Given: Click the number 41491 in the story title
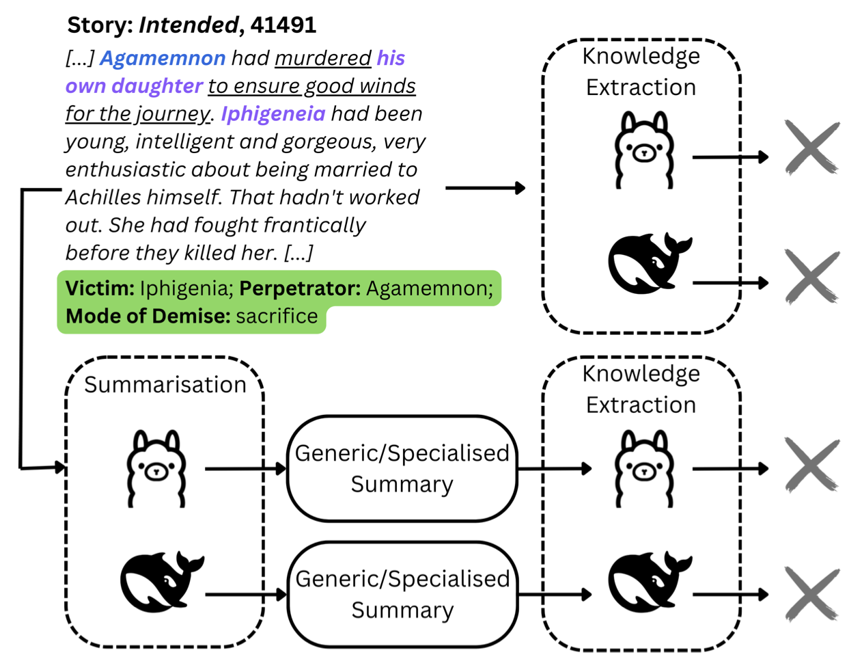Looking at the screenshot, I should click(283, 25).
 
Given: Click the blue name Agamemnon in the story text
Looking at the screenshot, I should click(163, 58).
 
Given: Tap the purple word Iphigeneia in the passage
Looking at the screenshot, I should click(273, 113).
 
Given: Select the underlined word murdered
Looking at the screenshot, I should click(322, 58).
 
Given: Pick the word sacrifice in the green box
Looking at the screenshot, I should click(277, 317).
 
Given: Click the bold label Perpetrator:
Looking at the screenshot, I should click(300, 288).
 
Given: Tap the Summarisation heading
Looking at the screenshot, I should click(165, 385).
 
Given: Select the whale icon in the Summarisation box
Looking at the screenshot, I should click(162, 582).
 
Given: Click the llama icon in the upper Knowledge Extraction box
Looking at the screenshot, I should click(643, 150).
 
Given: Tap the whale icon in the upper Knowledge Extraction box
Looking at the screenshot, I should click(649, 264).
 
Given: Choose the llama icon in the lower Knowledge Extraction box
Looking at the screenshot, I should click(643, 468).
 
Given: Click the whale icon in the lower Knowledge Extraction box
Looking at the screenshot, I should click(649, 582).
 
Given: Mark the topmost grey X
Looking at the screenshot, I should click(811, 148).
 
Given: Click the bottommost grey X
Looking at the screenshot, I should click(811, 594).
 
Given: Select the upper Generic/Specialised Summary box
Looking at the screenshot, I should click(402, 469).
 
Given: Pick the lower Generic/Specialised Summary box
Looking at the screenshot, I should click(402, 594).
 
